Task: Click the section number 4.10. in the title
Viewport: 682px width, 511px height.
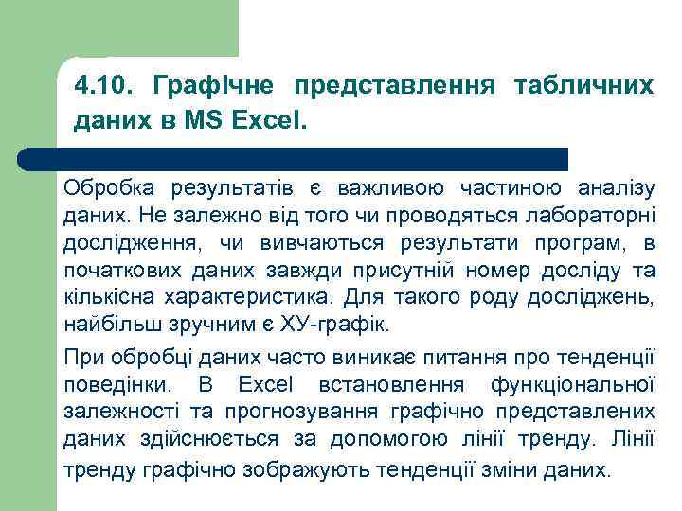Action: click(101, 87)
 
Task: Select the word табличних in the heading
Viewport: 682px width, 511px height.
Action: click(583, 87)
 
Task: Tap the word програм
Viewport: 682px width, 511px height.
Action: click(588, 243)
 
